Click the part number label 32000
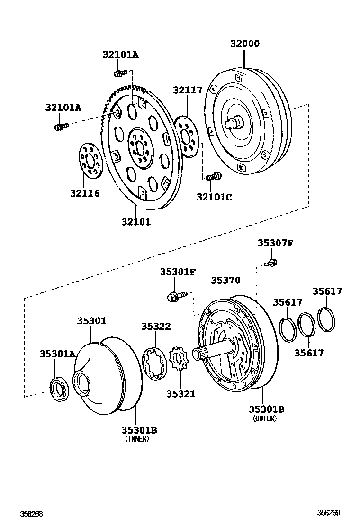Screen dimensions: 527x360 245,44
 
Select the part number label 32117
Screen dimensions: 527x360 187,90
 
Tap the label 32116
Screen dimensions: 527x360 85,193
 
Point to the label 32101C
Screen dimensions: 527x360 214,197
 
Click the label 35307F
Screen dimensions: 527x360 275,243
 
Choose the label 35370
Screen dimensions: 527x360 225,281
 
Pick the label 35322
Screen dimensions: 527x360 156,327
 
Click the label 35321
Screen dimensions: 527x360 180,394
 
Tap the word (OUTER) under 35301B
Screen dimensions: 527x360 265,419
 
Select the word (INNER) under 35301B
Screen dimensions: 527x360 137,439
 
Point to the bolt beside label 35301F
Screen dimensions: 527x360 175,297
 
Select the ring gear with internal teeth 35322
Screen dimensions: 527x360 154,363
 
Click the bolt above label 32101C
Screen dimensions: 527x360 214,177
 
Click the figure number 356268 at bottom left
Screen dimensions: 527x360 31,514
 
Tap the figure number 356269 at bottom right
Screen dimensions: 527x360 329,513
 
